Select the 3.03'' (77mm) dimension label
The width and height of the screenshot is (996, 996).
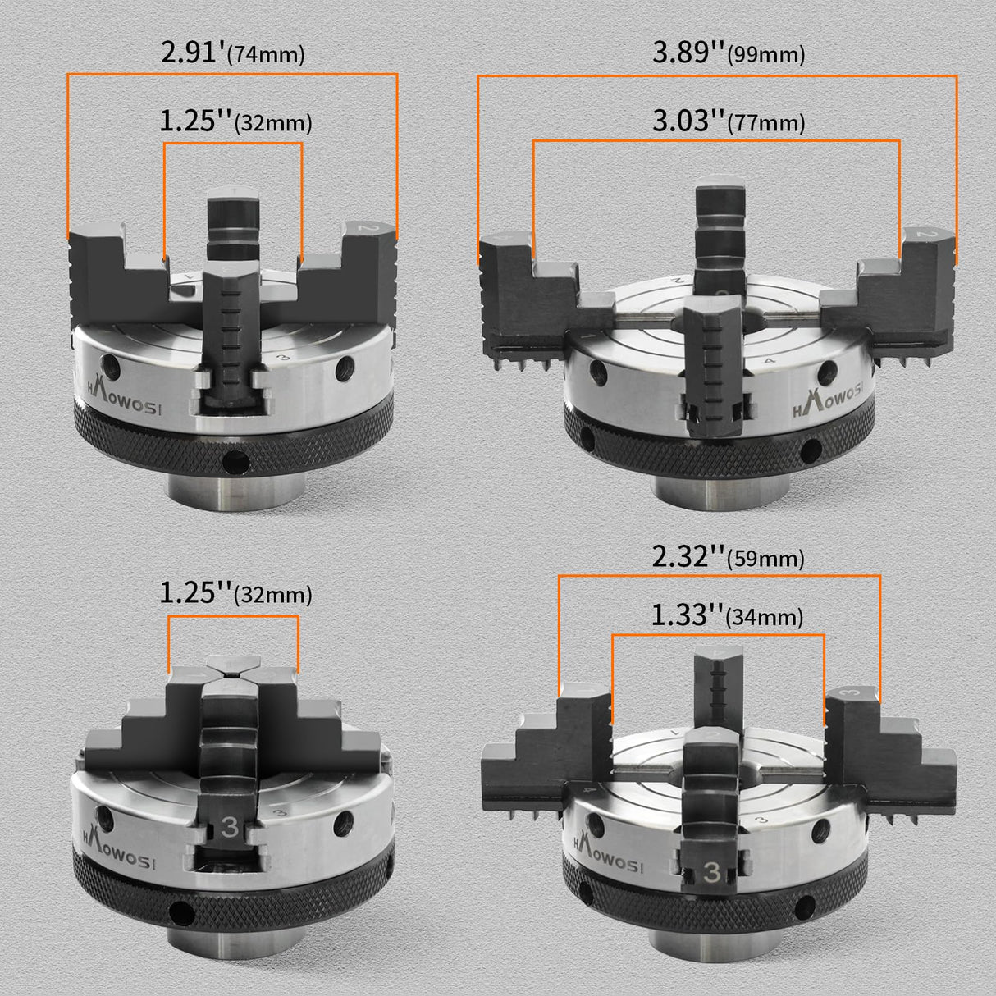pos(728,121)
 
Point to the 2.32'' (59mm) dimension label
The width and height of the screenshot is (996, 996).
pos(728,557)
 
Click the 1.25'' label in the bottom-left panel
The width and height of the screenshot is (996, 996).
pos(235,592)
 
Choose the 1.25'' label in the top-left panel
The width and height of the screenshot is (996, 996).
pos(235,122)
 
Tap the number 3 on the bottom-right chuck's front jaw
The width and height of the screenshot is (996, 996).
pos(710,875)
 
